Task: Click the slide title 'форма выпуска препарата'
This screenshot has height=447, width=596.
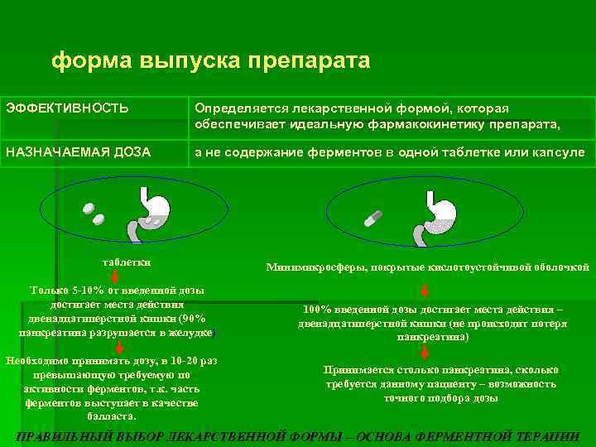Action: point(210,61)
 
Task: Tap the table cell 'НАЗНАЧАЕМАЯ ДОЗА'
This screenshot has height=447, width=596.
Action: point(79,152)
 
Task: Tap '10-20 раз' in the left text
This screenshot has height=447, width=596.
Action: point(192,361)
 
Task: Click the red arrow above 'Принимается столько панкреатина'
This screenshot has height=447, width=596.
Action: point(424,353)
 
